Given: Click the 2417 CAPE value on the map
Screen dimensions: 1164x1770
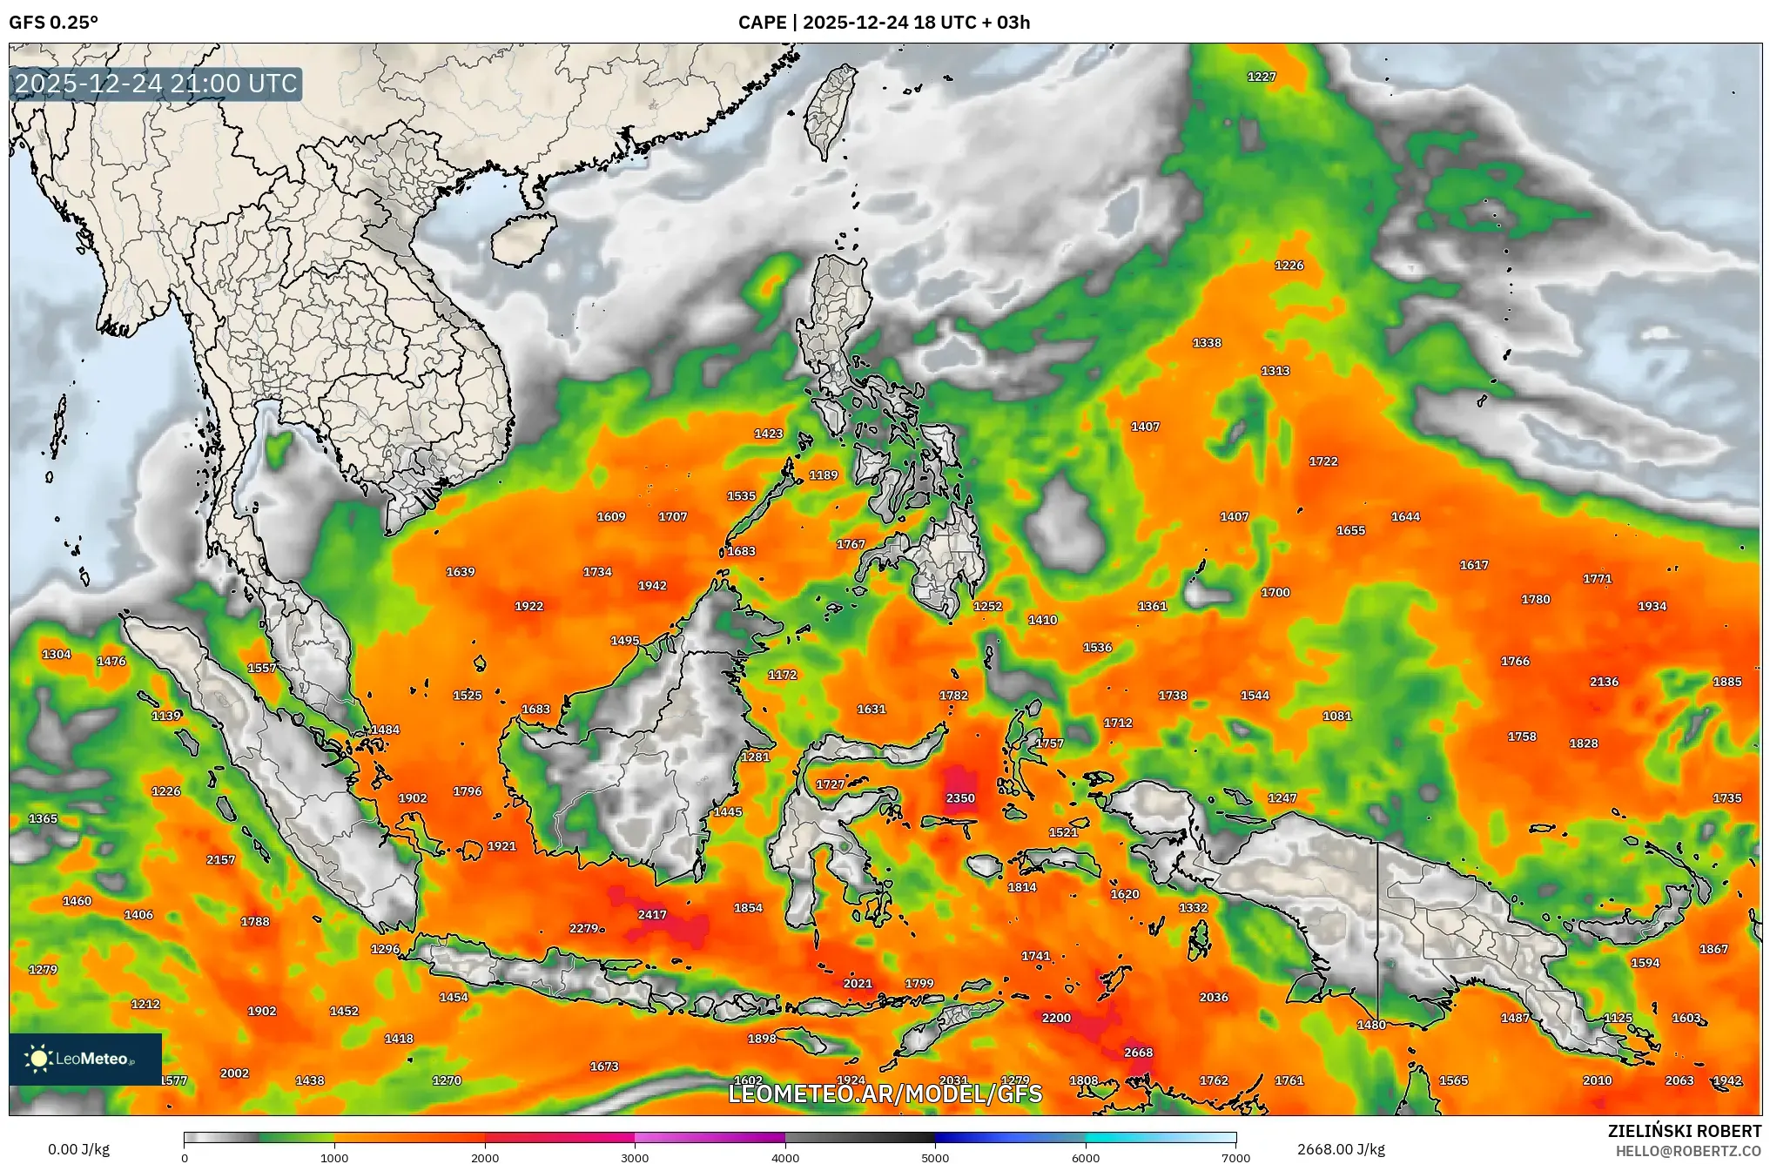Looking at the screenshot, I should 652,914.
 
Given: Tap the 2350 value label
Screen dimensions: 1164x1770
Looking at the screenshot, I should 960,797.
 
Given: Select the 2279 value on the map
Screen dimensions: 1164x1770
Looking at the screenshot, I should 583,928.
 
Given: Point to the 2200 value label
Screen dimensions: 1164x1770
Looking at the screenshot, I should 1056,1017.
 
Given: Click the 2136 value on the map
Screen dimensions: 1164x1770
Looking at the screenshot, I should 1604,682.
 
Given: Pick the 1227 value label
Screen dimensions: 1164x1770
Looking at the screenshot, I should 1262,77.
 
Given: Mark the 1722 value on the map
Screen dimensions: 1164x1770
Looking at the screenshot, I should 1323,461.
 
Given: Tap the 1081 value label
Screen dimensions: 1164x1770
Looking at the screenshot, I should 1337,716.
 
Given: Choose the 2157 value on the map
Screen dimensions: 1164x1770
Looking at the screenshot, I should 220,859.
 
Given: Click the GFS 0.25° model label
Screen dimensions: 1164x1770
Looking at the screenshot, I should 54,23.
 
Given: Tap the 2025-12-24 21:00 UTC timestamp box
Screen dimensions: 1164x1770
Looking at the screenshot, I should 157,84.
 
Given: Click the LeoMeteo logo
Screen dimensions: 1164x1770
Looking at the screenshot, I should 85,1059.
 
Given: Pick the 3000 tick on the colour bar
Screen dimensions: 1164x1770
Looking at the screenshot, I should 635,1157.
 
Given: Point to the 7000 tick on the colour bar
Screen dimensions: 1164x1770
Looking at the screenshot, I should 1235,1157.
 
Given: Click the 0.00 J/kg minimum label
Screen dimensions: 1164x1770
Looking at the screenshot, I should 79,1149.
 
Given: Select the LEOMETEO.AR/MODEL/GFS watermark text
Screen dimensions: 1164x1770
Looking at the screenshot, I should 885,1093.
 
